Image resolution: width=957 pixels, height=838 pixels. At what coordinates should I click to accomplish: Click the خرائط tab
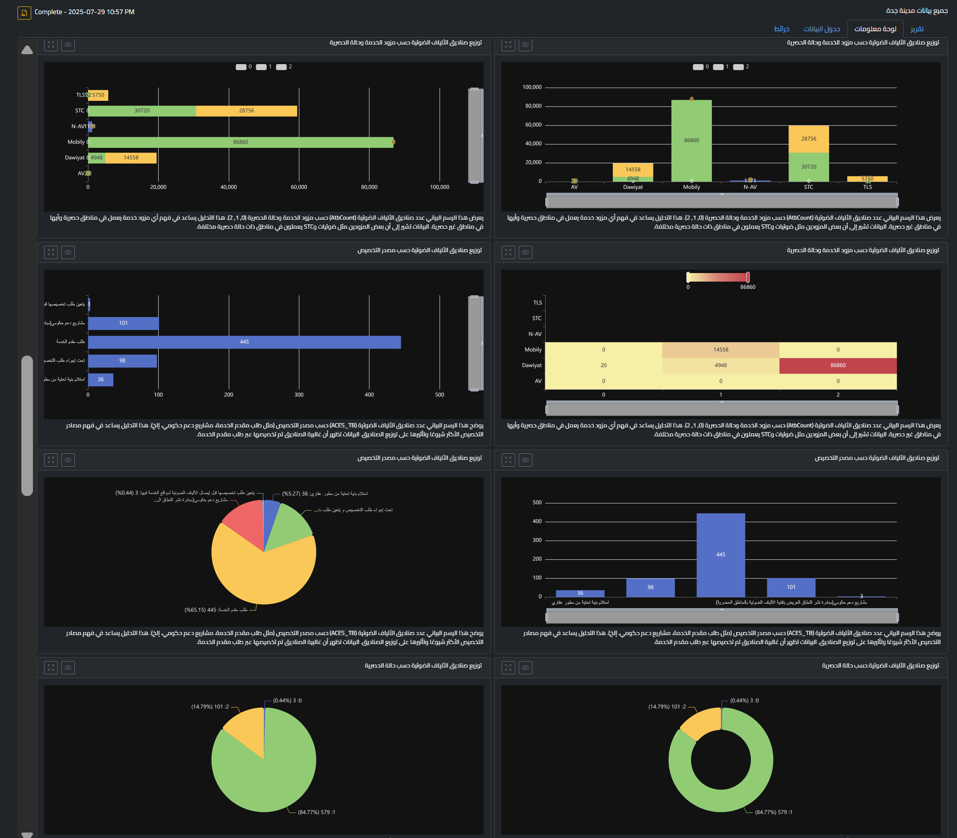click(x=782, y=29)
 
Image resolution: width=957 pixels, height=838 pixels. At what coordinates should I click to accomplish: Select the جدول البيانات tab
click(x=822, y=29)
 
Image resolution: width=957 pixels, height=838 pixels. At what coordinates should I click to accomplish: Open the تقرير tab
click(x=917, y=29)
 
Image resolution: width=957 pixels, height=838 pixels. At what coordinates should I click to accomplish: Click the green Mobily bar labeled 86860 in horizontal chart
click(x=241, y=142)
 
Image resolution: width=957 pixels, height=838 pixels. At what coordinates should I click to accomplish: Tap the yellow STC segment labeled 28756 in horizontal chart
click(x=246, y=111)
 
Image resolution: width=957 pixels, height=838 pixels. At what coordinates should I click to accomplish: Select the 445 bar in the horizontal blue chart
click(x=244, y=342)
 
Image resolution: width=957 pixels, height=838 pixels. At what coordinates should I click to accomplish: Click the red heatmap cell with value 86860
click(x=838, y=365)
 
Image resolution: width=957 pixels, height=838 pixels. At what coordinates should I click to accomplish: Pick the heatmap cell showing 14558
click(x=721, y=350)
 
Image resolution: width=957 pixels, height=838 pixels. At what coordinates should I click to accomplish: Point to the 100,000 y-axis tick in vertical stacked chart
click(x=532, y=88)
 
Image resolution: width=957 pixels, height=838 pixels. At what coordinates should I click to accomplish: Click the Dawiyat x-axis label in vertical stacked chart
click(x=633, y=187)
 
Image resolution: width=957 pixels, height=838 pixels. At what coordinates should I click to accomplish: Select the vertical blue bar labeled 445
click(x=721, y=555)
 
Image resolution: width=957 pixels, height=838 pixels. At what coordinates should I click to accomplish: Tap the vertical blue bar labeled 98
click(x=650, y=587)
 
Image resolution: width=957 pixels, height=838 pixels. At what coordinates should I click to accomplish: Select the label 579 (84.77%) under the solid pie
click(x=316, y=812)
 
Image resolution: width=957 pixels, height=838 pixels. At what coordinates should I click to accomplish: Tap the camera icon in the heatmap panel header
click(x=526, y=252)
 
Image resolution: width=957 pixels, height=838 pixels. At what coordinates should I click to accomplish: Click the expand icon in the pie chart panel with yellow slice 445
click(x=51, y=460)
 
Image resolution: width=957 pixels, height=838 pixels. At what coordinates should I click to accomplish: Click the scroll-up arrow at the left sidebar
click(x=27, y=50)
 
